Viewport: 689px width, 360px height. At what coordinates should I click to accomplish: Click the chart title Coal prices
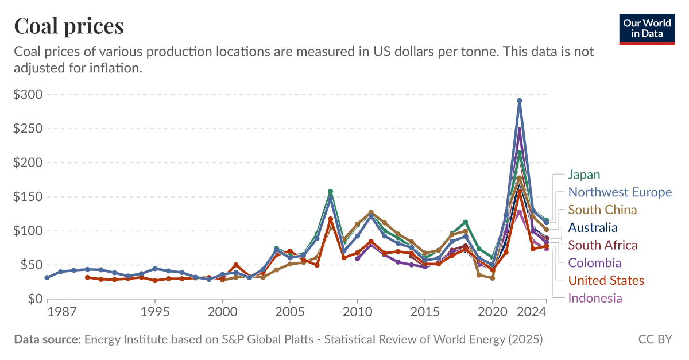[x=68, y=26]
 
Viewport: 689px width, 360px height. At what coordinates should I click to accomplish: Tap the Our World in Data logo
[x=647, y=28]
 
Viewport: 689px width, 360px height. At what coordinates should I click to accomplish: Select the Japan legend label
[x=585, y=175]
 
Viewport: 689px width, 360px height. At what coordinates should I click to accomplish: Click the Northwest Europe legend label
[x=619, y=192]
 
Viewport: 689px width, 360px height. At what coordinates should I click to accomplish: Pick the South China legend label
[x=602, y=210]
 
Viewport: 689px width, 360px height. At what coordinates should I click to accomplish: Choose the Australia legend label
[x=593, y=227]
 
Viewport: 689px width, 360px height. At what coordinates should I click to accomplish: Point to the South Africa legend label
[x=602, y=245]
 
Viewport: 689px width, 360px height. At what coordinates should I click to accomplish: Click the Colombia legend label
[x=594, y=263]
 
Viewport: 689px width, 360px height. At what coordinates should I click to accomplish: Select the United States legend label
[x=606, y=280]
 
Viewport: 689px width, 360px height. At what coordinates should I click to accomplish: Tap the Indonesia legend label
[x=595, y=298]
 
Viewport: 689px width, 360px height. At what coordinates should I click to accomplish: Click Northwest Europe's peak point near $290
[x=519, y=100]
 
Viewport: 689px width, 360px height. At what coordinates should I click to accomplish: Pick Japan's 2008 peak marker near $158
[x=330, y=191]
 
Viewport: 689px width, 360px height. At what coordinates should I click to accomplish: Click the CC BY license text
[x=655, y=339]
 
